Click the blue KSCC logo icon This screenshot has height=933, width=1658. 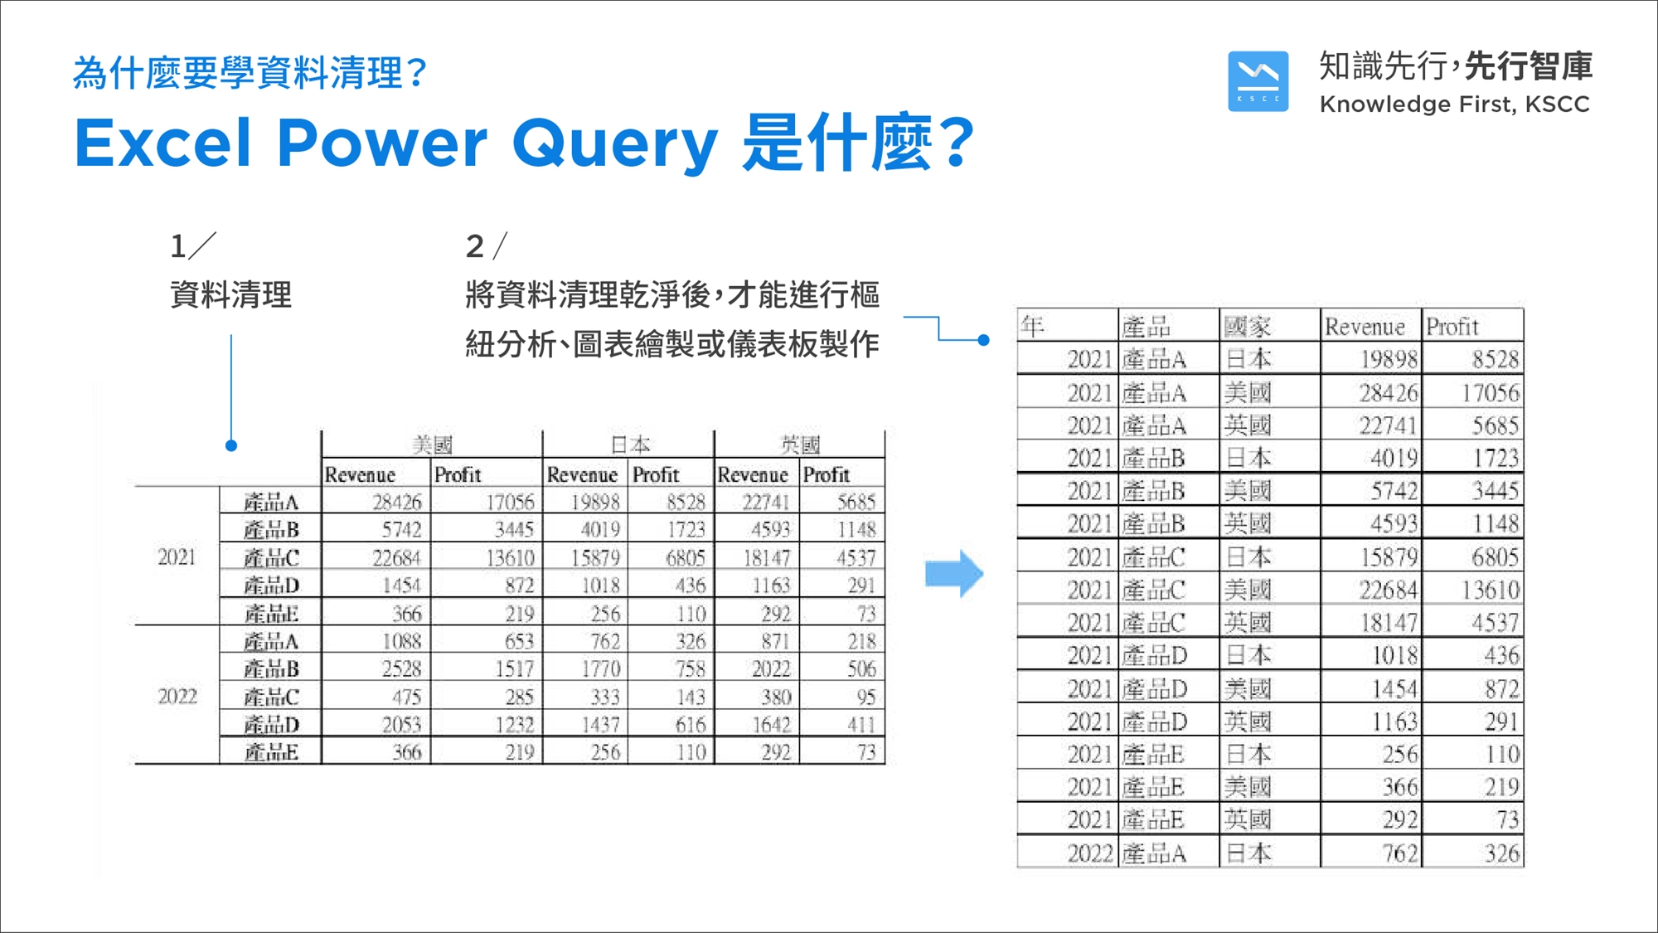point(1258,81)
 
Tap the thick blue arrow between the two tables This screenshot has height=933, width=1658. point(954,573)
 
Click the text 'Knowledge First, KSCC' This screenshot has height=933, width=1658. point(1454,104)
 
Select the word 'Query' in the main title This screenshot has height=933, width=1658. point(615,143)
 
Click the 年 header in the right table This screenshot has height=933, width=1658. point(1032,326)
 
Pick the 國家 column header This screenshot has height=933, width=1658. point(1248,326)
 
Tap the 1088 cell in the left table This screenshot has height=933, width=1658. point(401,641)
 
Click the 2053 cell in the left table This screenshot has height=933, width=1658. point(401,725)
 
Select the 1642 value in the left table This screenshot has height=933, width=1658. point(771,725)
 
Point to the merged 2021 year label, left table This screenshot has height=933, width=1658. point(177,556)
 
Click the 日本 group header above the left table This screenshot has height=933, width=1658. point(630,445)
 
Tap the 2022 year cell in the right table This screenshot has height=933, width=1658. point(1089,853)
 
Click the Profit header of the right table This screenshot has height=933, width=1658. point(1452,326)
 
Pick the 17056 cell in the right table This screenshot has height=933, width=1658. point(1490,392)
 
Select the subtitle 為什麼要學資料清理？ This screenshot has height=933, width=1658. point(250,73)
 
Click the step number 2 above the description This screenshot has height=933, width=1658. point(474,246)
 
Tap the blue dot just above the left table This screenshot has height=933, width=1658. point(231,445)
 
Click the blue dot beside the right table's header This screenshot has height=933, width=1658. point(983,339)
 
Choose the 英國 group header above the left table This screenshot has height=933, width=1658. point(800,445)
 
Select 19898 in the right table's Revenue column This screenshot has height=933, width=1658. point(1389,359)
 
